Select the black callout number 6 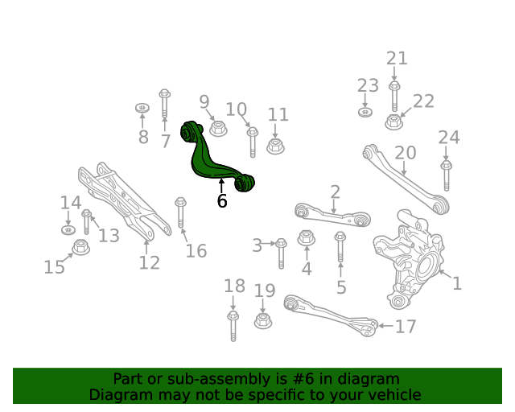click(222, 201)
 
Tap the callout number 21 click(397, 58)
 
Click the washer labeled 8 click(142, 107)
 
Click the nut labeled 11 click(275, 146)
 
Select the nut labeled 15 click(80, 247)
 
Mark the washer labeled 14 click(68, 231)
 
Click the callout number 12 click(149, 262)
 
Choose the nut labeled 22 click(393, 122)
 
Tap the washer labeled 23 click(365, 111)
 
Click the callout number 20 click(405, 153)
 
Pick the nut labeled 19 click(262, 320)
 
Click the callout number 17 click(406, 327)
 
